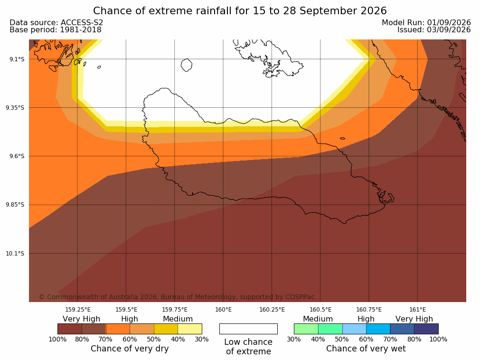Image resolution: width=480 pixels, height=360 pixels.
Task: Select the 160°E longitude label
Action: (223, 310)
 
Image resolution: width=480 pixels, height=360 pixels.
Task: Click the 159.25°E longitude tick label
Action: (78, 310)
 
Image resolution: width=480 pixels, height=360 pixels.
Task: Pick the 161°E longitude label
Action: (417, 310)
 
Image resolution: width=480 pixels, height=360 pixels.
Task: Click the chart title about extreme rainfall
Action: (240, 11)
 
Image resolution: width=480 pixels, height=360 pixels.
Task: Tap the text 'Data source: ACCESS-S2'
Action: (56, 23)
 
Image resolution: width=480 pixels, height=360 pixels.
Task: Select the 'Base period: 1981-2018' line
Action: (56, 30)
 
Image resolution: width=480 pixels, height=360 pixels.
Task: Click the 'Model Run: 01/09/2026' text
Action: (426, 23)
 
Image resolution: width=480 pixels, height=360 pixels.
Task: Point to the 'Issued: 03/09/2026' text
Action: (434, 30)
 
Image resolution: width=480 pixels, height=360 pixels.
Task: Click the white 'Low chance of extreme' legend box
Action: (248, 329)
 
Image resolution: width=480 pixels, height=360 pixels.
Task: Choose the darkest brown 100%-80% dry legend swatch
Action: (69, 329)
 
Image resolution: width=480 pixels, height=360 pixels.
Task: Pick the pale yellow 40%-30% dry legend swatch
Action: (190, 329)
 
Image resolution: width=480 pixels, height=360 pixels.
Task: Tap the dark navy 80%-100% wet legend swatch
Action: (426, 329)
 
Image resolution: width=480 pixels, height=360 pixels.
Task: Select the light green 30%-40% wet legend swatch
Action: (306, 329)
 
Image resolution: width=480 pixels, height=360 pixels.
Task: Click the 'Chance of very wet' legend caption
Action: (366, 349)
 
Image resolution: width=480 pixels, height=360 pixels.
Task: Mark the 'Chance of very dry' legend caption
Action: (130, 349)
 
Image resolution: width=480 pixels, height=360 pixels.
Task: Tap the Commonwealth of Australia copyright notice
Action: (177, 297)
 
